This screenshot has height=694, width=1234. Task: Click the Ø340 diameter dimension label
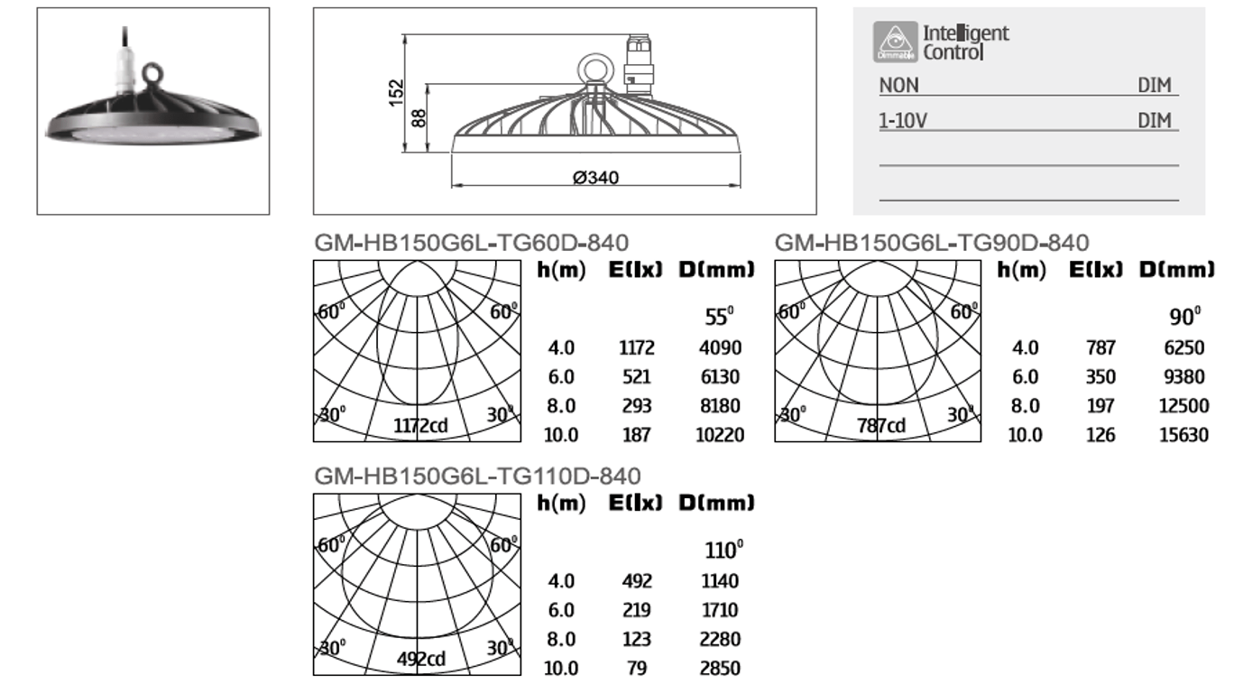[595, 178]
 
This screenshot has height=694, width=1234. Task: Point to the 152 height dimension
[396, 93]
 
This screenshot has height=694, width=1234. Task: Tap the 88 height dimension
[419, 118]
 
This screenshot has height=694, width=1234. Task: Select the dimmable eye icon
[895, 42]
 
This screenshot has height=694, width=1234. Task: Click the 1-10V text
[903, 121]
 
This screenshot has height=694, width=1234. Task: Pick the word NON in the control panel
[899, 86]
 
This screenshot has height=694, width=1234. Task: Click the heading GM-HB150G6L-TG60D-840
[471, 243]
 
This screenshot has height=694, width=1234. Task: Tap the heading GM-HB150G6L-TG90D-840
[932, 243]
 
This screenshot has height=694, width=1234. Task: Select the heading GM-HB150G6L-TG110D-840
[477, 476]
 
